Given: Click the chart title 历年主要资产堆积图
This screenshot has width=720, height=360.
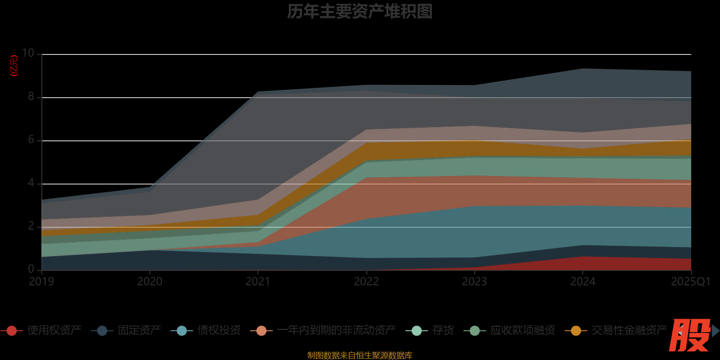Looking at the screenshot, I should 360,12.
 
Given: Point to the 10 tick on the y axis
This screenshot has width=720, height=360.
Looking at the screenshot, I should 28,53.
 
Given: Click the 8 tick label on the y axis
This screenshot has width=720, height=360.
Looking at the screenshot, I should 31,96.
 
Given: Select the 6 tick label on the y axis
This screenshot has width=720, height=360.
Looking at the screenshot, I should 31,139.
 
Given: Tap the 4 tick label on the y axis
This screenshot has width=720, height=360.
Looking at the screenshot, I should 31,183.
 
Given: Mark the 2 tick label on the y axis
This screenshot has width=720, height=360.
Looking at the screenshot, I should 31,226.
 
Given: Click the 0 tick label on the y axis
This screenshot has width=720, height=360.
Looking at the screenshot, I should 31,269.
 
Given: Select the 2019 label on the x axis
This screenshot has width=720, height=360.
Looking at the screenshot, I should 41,282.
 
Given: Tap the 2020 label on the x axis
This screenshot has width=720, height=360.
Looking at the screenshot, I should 150,282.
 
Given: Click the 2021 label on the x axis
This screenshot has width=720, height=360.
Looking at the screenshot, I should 258,282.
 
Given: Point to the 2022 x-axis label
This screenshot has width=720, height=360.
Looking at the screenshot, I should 366,282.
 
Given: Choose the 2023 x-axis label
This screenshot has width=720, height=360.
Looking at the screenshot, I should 474,282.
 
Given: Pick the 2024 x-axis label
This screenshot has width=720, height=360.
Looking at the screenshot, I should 583,282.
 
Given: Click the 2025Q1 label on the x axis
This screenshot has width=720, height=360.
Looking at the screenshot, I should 690,282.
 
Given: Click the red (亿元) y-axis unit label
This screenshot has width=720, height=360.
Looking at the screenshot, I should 14,66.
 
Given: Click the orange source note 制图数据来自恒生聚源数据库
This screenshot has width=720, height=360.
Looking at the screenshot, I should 360,355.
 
